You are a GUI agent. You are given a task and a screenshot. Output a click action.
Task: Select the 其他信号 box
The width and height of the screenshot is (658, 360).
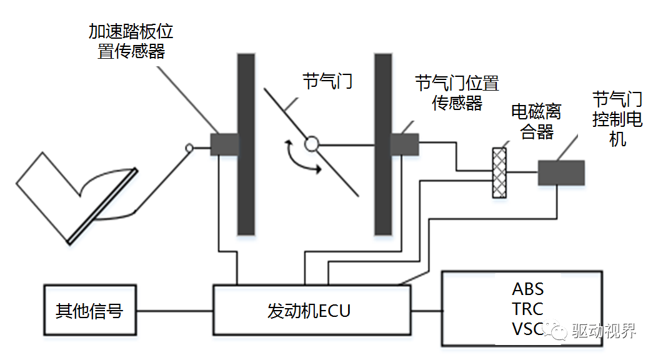(90, 311)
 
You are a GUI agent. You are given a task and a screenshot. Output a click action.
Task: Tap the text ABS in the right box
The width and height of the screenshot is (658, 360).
(528, 289)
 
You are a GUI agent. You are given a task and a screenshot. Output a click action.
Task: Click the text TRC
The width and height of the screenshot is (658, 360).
(528, 309)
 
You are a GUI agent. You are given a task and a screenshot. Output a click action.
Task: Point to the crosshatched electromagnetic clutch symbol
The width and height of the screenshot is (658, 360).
(499, 172)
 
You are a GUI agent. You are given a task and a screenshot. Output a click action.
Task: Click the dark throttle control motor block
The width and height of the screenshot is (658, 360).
(561, 173)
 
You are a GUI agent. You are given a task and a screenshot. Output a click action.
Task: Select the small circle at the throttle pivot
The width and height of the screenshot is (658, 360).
(311, 145)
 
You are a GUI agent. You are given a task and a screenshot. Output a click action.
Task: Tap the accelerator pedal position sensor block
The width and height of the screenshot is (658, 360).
(224, 144)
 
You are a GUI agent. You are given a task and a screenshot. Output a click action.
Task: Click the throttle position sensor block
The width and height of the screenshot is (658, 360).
(404, 144)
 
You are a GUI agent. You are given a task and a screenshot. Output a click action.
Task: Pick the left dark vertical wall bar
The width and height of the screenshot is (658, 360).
(246, 144)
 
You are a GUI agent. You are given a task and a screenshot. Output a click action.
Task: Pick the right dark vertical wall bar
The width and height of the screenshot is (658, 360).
(383, 144)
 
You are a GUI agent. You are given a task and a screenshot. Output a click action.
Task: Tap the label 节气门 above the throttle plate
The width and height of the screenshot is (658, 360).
(327, 81)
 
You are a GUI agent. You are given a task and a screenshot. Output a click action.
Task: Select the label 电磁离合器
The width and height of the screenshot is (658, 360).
(536, 121)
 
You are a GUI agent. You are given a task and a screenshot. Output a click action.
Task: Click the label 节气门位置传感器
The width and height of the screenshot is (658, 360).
(457, 92)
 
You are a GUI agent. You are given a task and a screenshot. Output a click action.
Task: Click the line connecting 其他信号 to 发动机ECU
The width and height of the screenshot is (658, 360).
(176, 311)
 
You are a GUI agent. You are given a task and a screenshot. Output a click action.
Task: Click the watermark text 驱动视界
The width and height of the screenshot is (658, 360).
(604, 331)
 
